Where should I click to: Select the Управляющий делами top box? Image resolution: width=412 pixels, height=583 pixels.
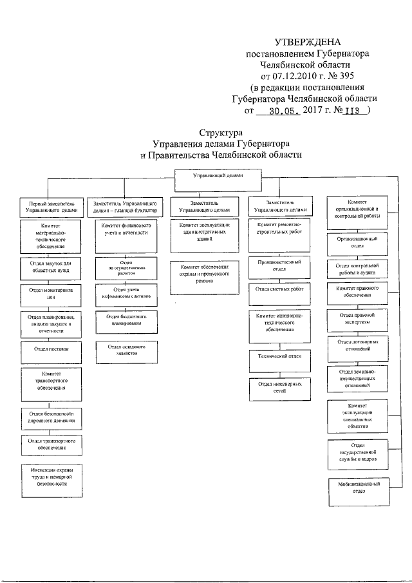click(218, 175)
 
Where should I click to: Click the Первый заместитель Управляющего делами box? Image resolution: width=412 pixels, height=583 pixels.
click(51, 206)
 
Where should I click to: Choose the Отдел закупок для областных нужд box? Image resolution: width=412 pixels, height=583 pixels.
click(51, 266)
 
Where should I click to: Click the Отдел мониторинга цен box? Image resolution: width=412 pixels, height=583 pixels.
click(51, 294)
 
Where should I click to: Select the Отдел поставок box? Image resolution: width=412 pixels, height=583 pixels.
click(51, 349)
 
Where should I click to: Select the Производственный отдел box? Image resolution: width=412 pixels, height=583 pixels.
click(279, 265)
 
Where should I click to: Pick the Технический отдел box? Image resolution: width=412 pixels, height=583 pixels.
click(279, 356)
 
